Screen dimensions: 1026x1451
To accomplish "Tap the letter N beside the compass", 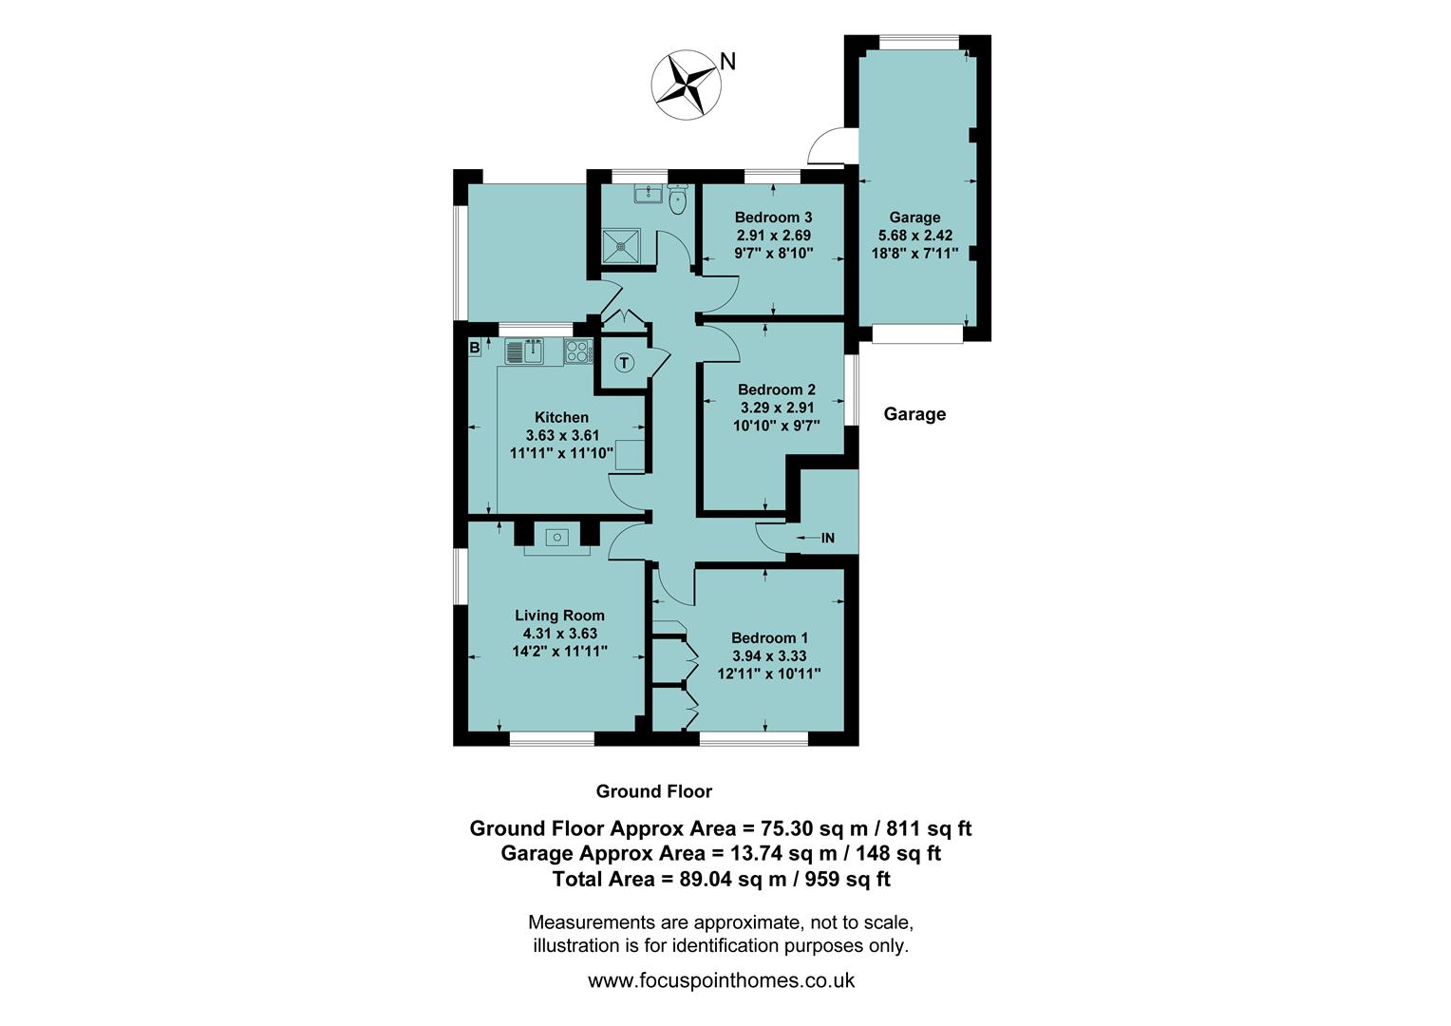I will tap(727, 62).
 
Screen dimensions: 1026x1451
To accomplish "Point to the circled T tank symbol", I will tap(624, 362).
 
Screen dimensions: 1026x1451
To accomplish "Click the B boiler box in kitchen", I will tap(474, 348).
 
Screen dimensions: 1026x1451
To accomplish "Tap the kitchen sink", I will tap(524, 352).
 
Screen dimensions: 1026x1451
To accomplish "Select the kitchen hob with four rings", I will tap(576, 351).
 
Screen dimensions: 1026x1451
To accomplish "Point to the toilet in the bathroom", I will tap(678, 200).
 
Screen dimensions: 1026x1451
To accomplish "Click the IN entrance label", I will tap(827, 539).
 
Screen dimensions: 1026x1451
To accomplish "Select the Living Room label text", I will tap(559, 616).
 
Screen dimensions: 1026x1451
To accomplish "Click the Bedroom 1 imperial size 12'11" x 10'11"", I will tap(769, 674).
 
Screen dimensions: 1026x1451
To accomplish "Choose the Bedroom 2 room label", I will tap(776, 389).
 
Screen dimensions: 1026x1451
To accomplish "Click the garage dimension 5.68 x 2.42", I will tap(914, 236).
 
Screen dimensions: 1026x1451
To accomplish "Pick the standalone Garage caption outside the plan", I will tap(914, 414).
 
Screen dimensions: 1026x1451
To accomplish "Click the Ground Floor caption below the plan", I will tap(653, 791).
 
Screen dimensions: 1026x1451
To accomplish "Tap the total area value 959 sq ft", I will tap(847, 880).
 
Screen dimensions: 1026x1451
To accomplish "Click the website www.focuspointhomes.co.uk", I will tap(721, 980).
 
